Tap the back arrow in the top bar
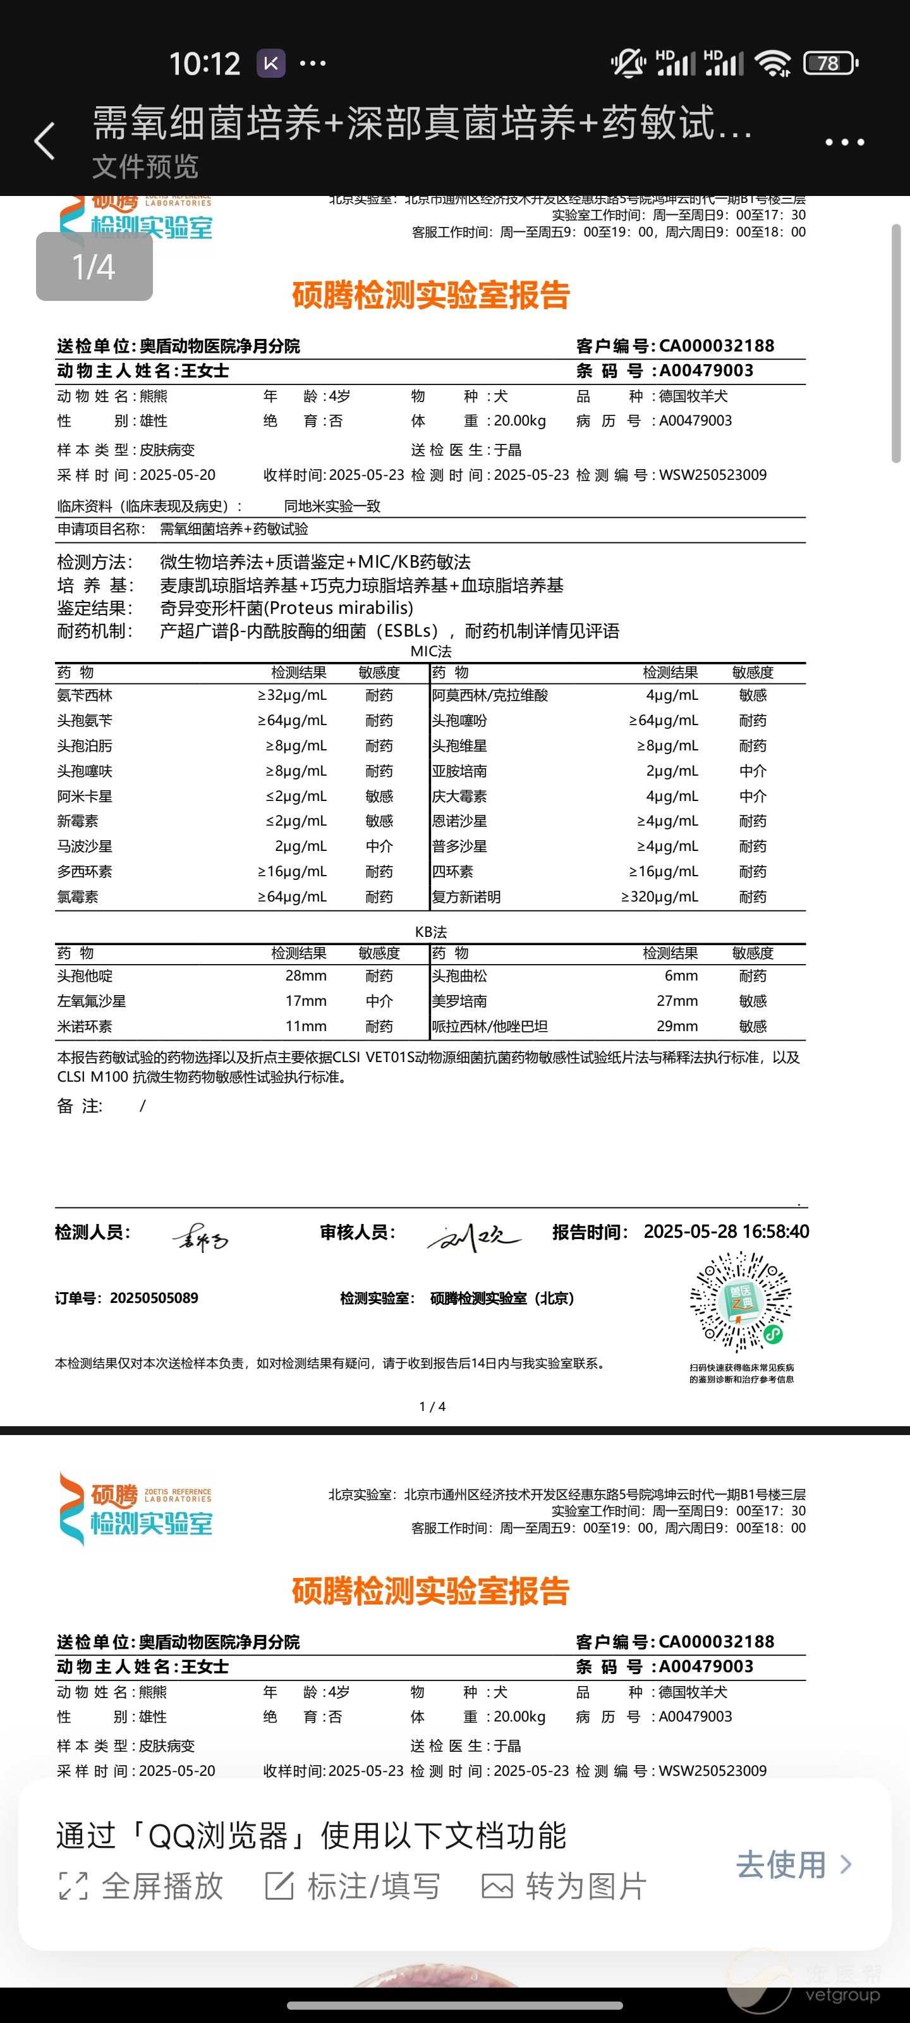[x=45, y=142]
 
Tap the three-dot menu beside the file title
[x=844, y=142]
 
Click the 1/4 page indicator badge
[x=94, y=267]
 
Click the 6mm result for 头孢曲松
[x=681, y=976]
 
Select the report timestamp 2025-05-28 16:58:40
[x=726, y=1232]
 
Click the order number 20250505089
[x=154, y=1298]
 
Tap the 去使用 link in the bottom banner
[x=793, y=1864]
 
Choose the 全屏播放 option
[x=142, y=1886]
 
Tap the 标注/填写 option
[x=353, y=1886]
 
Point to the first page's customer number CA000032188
[x=716, y=346]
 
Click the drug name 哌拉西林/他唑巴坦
[x=490, y=1027]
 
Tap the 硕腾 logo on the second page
[x=136, y=1508]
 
